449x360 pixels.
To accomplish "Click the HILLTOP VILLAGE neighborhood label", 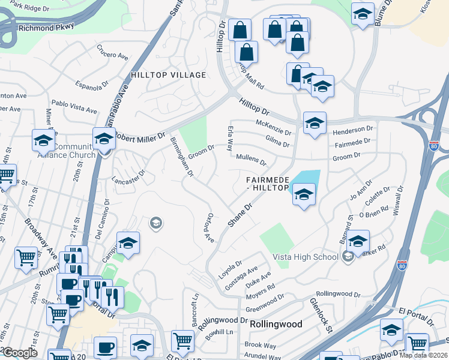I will [168, 75].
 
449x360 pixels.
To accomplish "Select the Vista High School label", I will [306, 257].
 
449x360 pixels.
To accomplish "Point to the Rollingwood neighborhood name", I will [276, 323].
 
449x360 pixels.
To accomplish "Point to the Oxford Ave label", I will [208, 229].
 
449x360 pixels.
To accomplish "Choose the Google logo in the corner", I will [20, 353].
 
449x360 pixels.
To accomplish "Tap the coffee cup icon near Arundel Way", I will [106, 347].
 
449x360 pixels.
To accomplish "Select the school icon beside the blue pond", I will [304, 194].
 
